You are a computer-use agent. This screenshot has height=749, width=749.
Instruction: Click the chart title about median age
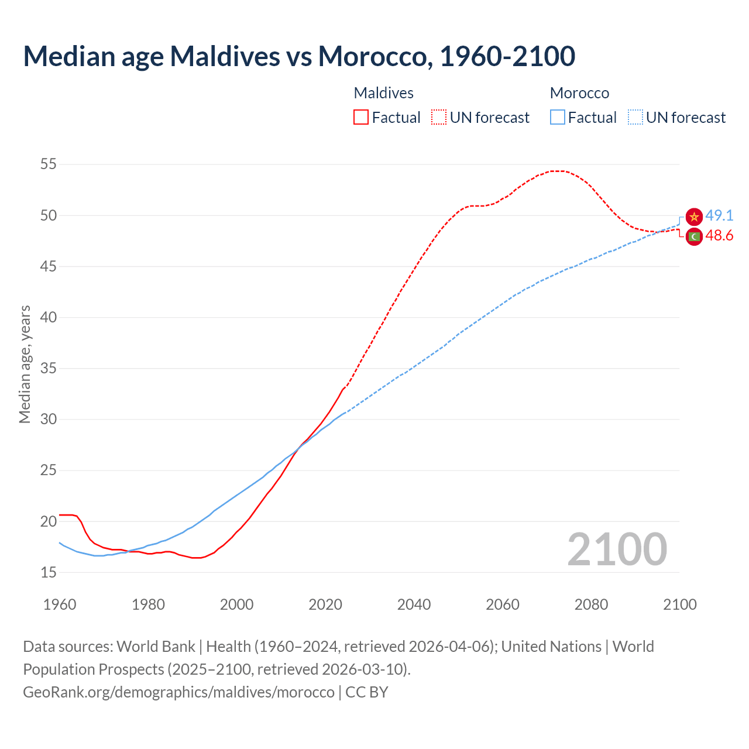pos(299,56)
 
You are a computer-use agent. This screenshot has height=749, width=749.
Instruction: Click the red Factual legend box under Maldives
pos(361,117)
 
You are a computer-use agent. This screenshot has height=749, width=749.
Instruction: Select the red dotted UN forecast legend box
pos(439,117)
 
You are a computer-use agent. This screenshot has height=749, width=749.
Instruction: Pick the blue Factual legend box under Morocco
pos(558,117)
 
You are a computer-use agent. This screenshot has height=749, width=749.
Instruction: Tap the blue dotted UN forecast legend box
pos(635,117)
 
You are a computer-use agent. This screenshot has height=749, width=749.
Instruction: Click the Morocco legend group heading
pos(579,93)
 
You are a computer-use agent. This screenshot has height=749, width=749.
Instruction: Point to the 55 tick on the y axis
pos(49,164)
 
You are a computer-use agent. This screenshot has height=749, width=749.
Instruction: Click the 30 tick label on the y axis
pos(49,420)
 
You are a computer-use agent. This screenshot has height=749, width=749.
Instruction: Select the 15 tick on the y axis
pos(49,572)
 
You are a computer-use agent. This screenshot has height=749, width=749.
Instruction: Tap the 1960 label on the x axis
pos(60,604)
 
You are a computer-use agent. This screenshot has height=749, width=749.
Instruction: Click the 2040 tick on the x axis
pos(414,604)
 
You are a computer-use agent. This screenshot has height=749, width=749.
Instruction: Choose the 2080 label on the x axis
pos(591,604)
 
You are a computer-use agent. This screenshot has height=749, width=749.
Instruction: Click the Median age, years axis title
pos(25,364)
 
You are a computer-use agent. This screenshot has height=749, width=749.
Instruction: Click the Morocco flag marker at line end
pos(694,217)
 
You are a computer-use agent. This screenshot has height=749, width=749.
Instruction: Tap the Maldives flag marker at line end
pos(694,237)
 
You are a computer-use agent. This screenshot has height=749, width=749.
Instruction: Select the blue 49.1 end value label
pos(719,215)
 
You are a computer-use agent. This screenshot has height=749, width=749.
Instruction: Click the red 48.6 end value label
pos(719,236)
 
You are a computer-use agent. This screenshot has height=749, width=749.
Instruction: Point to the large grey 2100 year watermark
pos(617,549)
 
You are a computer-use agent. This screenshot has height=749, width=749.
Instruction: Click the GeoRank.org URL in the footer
pos(178,692)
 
